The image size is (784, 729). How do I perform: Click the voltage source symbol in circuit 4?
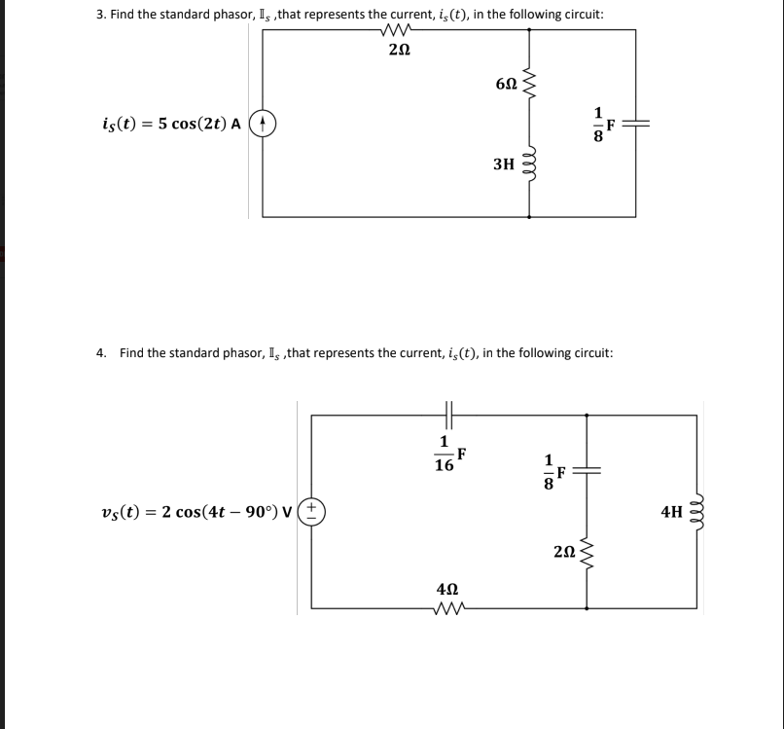click(312, 510)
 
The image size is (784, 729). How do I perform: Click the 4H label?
click(672, 510)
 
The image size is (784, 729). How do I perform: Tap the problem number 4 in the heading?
click(101, 352)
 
